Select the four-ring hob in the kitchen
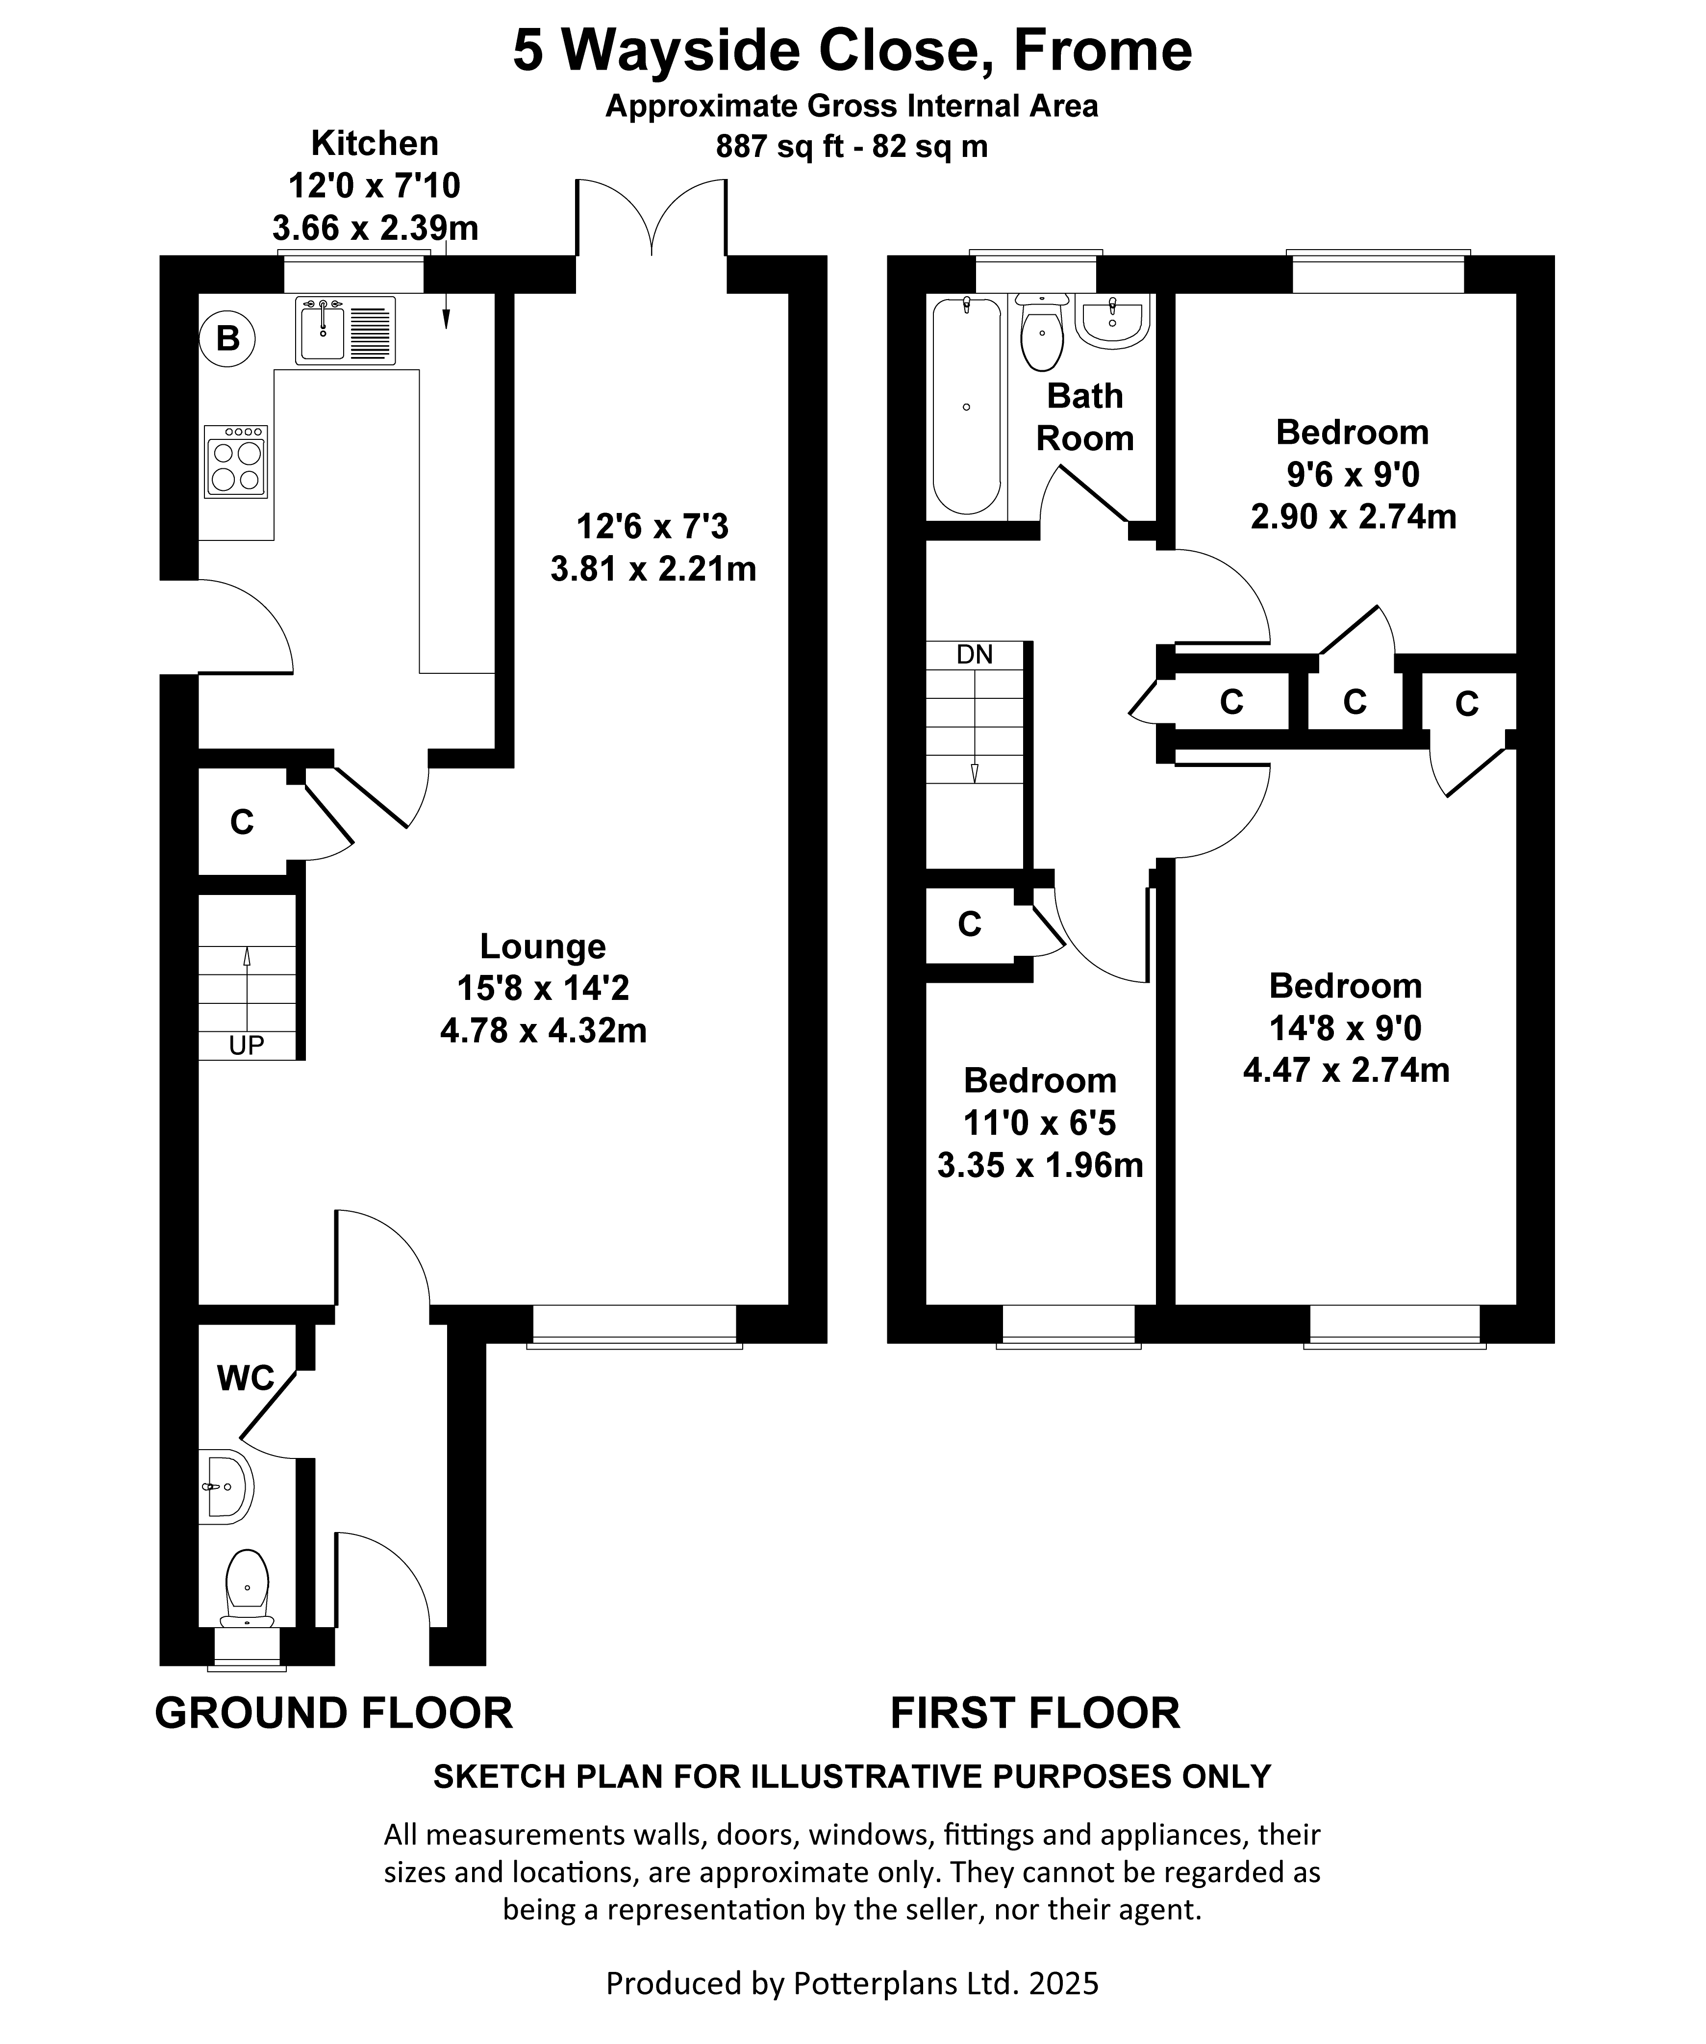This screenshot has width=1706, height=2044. pyautogui.click(x=235, y=462)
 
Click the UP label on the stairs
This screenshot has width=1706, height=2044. pyautogui.click(x=246, y=1046)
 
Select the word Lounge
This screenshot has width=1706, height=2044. pyautogui.click(x=543, y=946)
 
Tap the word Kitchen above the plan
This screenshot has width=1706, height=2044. pyautogui.click(x=375, y=143)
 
